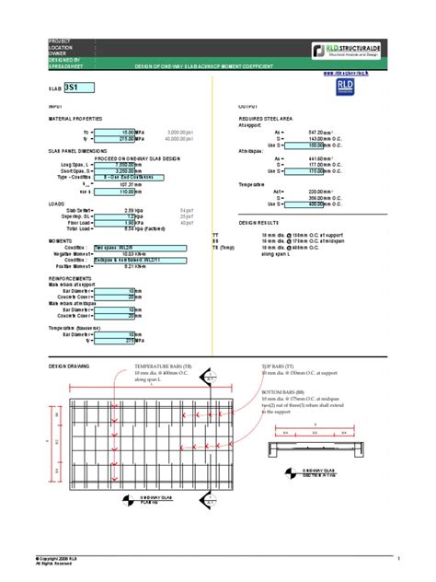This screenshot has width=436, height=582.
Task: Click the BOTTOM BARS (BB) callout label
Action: point(289,392)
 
